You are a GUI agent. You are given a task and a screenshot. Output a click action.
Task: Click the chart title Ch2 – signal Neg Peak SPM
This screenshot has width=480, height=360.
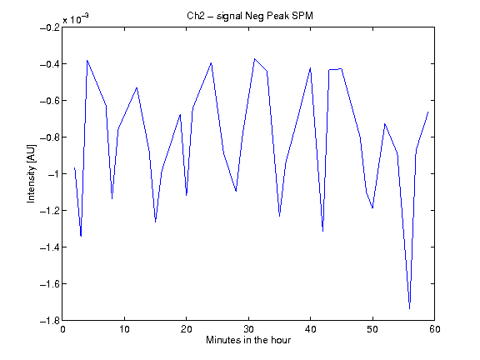[x=250, y=16]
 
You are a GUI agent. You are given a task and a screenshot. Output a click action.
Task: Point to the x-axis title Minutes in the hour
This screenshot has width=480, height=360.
[x=248, y=340]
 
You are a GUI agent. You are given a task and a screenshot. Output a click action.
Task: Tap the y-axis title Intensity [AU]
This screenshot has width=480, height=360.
[x=31, y=173]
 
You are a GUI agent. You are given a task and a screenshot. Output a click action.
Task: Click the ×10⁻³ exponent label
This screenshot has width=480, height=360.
[x=76, y=18]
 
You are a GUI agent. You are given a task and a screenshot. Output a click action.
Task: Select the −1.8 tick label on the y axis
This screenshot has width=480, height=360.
[x=50, y=321]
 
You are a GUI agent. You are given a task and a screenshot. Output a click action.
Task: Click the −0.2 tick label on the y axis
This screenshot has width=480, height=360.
[x=50, y=27]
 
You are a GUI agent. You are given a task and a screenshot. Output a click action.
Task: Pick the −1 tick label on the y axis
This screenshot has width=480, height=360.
[x=53, y=174]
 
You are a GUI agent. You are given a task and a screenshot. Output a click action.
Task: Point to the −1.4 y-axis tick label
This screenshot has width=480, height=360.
[x=50, y=247]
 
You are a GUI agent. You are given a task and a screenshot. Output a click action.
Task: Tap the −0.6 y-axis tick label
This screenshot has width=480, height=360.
[x=50, y=101]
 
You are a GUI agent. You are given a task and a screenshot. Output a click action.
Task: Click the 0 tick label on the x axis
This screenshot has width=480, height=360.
[x=62, y=329]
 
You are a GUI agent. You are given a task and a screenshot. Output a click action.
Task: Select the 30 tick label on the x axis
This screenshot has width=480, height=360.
[x=248, y=329]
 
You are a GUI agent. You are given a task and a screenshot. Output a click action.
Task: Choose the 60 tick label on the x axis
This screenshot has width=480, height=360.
[x=435, y=329]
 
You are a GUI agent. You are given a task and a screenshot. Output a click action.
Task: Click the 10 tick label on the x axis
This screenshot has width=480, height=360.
[x=125, y=329]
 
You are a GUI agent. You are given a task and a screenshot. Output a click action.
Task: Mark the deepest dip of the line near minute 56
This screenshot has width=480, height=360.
[x=410, y=308]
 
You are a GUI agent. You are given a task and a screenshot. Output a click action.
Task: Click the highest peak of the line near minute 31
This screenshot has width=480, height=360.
[x=254, y=58]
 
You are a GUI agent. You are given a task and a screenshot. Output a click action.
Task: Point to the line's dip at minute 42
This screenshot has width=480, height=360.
[x=323, y=231]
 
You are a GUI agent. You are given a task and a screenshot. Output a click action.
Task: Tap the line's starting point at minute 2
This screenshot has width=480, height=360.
[x=75, y=167]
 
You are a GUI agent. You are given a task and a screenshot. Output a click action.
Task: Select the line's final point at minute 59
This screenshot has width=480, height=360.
[x=428, y=112]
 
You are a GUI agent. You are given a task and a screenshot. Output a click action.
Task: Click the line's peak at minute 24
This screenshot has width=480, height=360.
[x=211, y=62]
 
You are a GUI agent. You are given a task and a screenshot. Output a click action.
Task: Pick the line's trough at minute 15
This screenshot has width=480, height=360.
[x=156, y=222]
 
